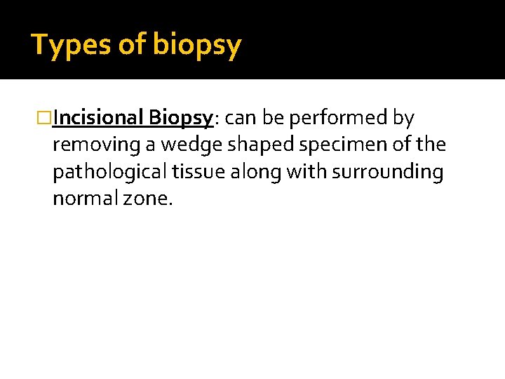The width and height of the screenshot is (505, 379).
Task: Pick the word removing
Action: pos(87,145)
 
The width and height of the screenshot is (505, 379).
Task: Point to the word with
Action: pos(300,172)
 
